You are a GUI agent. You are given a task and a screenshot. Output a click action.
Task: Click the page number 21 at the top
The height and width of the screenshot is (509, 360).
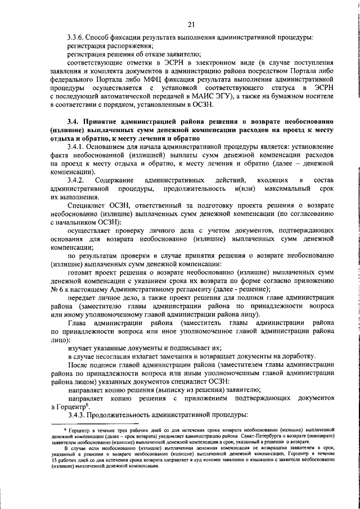click(191, 23)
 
